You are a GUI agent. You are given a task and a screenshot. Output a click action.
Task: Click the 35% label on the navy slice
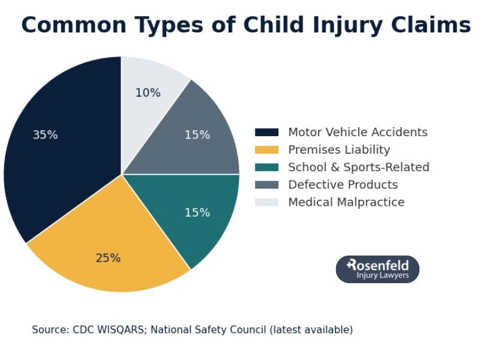pyautogui.click(x=45, y=135)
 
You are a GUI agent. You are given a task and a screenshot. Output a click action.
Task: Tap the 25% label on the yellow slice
pyautogui.click(x=108, y=258)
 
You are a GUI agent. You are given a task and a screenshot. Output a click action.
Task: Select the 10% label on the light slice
pyautogui.click(x=148, y=93)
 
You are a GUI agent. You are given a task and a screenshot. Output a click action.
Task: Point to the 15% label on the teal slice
pyautogui.click(x=197, y=212)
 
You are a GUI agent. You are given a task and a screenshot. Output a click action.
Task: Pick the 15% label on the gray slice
pyautogui.click(x=197, y=135)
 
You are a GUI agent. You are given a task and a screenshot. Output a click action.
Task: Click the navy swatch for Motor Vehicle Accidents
pyautogui.click(x=266, y=133)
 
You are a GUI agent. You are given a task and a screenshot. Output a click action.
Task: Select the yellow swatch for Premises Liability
pyautogui.click(x=266, y=150)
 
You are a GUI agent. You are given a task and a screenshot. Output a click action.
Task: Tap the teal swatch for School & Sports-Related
pyautogui.click(x=266, y=167)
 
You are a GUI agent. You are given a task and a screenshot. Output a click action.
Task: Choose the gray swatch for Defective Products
pyautogui.click(x=266, y=185)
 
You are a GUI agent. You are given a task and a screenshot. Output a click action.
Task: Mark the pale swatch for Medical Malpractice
pyautogui.click(x=266, y=202)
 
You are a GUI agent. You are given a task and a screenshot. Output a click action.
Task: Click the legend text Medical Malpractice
pyautogui.click(x=346, y=202)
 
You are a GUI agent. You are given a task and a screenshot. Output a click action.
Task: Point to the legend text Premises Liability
pyautogui.click(x=339, y=150)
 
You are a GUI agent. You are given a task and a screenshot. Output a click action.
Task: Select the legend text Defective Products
pyautogui.click(x=343, y=185)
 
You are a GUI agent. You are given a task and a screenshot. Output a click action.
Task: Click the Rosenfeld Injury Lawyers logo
pyautogui.click(x=377, y=269)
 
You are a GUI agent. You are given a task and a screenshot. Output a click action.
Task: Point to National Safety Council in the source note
pyautogui.click(x=209, y=330)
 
